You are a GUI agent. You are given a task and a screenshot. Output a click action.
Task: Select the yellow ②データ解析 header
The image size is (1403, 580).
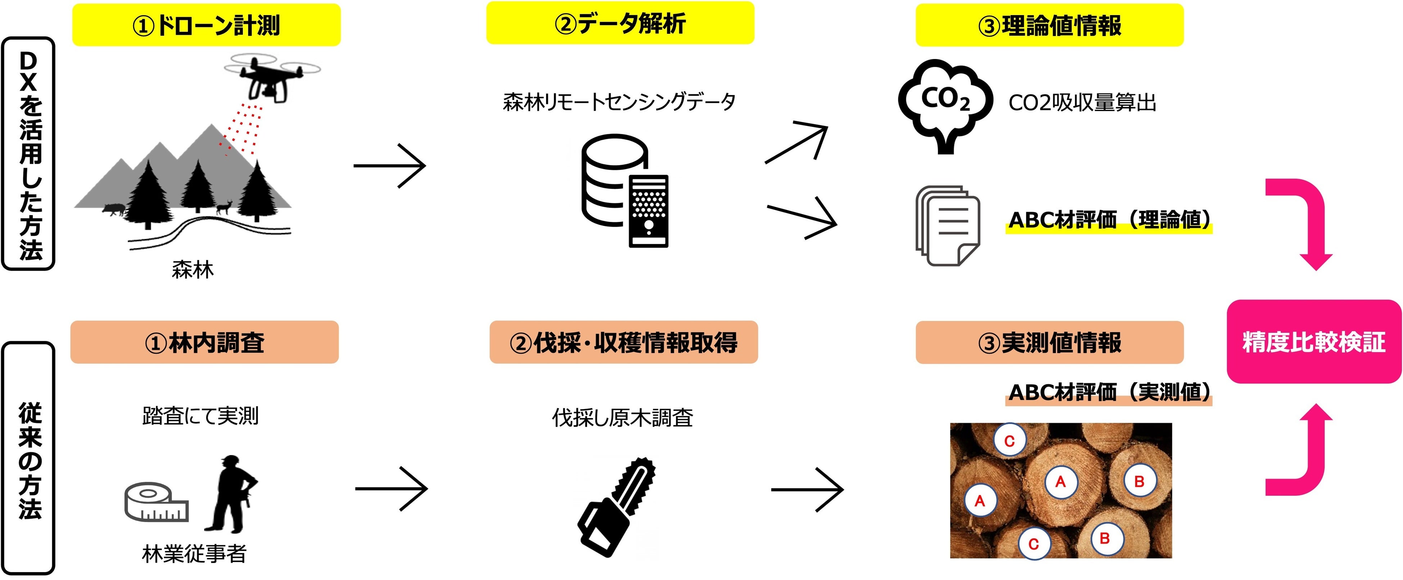[620, 23]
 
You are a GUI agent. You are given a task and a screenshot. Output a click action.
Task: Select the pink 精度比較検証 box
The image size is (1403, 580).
[1313, 341]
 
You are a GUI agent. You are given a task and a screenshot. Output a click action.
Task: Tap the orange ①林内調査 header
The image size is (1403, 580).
[204, 342]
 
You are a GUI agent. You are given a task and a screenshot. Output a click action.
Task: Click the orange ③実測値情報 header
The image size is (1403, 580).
[1049, 343]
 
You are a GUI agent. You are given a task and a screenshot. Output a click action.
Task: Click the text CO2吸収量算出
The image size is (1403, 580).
[1082, 103]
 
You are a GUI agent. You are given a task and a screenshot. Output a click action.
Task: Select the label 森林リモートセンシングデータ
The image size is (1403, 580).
[619, 102]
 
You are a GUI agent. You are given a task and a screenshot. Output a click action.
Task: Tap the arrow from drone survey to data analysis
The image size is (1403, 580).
[389, 166]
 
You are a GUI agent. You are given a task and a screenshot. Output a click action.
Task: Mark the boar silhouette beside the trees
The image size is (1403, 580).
[114, 209]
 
